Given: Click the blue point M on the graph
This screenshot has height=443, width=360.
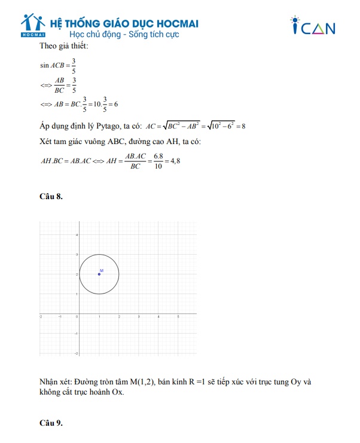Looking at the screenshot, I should pos(99,274).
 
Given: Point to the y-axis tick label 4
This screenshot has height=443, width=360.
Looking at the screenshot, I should pos(76,235).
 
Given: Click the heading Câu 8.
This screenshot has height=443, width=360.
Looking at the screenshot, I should pos(51,197).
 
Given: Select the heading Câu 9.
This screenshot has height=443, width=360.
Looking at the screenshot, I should pos(51,423).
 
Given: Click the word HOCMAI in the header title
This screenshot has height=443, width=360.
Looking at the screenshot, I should pos(173,23).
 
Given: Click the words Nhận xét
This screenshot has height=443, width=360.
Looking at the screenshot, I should pos(54,381).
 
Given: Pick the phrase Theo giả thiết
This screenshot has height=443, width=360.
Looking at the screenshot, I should pos(63,46).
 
